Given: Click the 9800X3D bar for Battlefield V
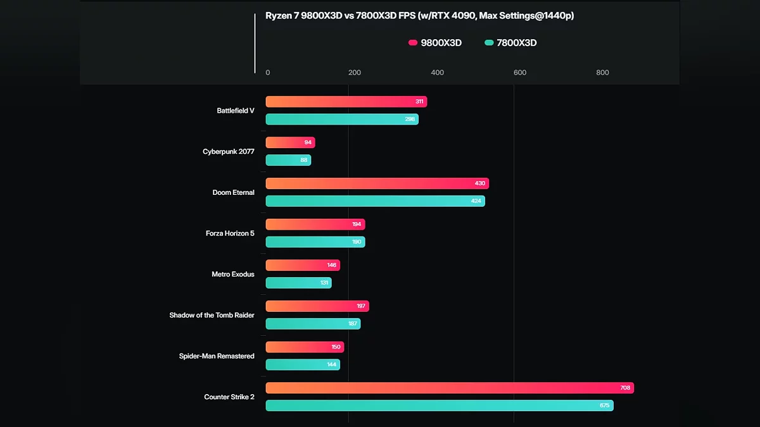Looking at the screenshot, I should point(346,102).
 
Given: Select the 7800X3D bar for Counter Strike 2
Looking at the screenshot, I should point(439,405).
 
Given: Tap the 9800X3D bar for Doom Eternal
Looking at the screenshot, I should point(377,183).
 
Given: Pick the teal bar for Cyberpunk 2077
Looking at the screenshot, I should point(288,160).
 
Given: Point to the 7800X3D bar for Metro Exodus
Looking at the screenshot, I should point(298,283).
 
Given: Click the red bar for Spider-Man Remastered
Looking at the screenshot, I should point(305,347).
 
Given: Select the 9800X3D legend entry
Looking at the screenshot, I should point(435,43).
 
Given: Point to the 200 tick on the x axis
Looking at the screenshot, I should point(355,73).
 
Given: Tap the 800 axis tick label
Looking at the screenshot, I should point(602,73).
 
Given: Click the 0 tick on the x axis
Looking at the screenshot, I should point(268,73).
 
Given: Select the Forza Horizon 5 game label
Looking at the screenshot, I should point(230,233).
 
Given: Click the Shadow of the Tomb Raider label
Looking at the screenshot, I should point(212,315).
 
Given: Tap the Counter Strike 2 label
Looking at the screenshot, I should point(229,397).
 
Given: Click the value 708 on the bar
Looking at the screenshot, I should point(625,388).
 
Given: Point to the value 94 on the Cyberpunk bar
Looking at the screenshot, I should point(308,143).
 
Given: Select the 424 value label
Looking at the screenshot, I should point(476,201).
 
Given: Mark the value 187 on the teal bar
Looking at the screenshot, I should point(352,324).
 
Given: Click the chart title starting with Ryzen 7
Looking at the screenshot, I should point(419,16).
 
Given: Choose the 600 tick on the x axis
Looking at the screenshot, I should point(520,73).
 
